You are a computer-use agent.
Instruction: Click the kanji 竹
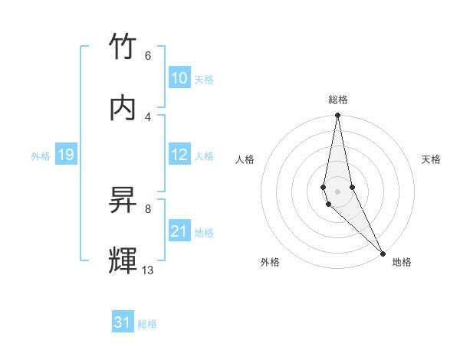123,47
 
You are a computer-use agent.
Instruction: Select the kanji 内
123,107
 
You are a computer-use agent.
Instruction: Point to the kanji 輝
123,260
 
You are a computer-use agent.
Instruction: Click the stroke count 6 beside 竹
147,56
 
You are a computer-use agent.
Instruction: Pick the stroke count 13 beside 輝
148,270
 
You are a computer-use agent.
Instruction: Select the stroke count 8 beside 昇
147,208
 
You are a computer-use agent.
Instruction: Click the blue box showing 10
179,78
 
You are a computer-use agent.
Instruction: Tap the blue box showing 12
179,155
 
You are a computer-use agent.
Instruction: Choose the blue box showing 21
179,231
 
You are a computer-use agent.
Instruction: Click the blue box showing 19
65,155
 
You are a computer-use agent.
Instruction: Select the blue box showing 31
123,322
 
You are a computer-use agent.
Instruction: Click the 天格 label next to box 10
204,80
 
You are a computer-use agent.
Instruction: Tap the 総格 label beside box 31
147,324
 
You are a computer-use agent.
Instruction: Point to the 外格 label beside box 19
41,156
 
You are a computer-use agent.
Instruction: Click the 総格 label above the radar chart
338,100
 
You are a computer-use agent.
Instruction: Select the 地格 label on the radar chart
402,262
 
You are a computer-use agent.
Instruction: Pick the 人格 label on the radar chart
245,159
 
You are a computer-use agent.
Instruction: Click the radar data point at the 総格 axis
337,116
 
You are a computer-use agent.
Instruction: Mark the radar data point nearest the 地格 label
383,253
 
